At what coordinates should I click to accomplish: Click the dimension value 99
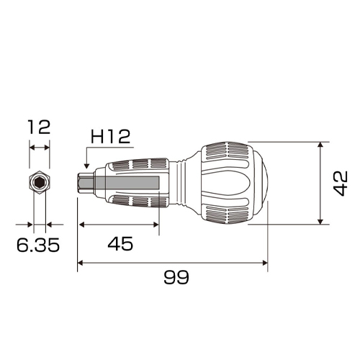click(176, 277)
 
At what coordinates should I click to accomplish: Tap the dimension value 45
click(120, 244)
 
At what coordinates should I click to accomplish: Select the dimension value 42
click(341, 184)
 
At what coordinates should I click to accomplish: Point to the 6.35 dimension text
click(38, 245)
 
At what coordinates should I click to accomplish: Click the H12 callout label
click(110, 137)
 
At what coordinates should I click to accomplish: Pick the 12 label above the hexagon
click(39, 127)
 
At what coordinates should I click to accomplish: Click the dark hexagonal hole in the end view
click(38, 184)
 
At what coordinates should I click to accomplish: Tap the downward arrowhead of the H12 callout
click(87, 166)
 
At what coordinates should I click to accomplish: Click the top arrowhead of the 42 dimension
click(320, 145)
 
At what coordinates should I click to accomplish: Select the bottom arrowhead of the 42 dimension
click(320, 221)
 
